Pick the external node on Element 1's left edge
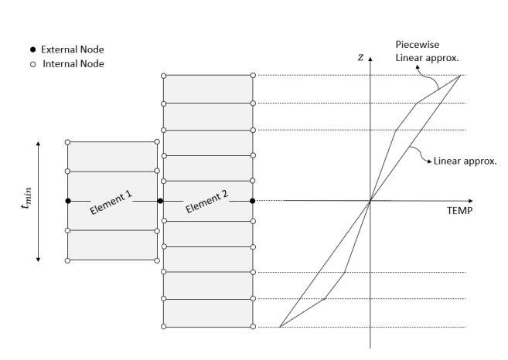point(68,201)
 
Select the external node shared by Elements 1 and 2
point(160,201)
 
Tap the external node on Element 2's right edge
point(253,201)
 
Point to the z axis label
point(360,58)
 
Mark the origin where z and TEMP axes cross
point(370,201)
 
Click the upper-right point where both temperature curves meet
point(461,75)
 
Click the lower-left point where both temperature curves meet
point(279,327)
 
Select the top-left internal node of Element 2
point(163,76)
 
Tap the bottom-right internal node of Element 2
point(253,327)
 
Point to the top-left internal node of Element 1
point(68,141)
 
